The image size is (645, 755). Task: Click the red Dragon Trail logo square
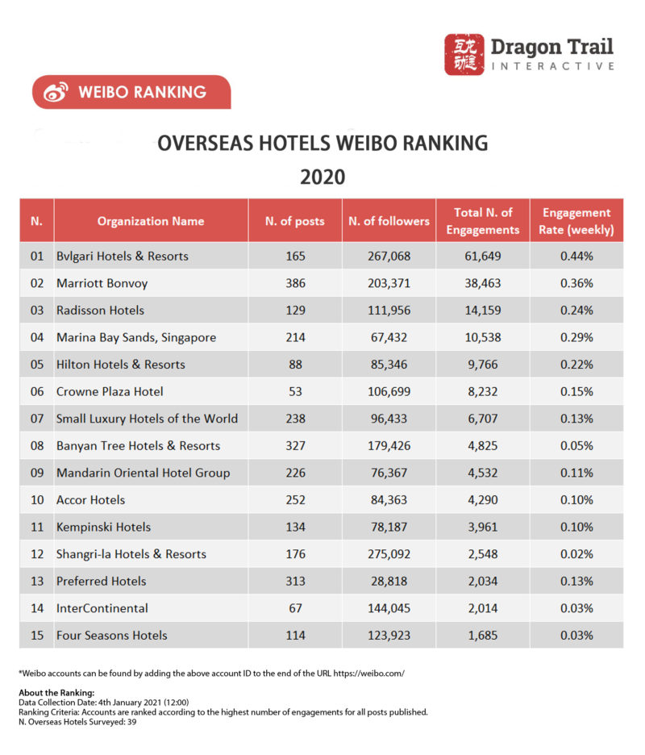464,55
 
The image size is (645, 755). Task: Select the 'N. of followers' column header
388,221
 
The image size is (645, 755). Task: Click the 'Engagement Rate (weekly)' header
577,221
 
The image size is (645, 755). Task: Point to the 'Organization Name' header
151,221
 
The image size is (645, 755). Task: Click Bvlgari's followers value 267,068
388,257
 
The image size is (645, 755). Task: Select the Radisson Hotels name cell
101,311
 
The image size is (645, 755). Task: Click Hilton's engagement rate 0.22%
577,365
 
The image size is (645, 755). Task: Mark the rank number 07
36,419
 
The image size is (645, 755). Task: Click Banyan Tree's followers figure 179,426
388,445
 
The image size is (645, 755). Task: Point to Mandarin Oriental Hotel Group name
143,473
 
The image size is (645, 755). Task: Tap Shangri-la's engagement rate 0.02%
577,554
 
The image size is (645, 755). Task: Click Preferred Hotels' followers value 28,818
388,581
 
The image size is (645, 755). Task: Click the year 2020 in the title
322,177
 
